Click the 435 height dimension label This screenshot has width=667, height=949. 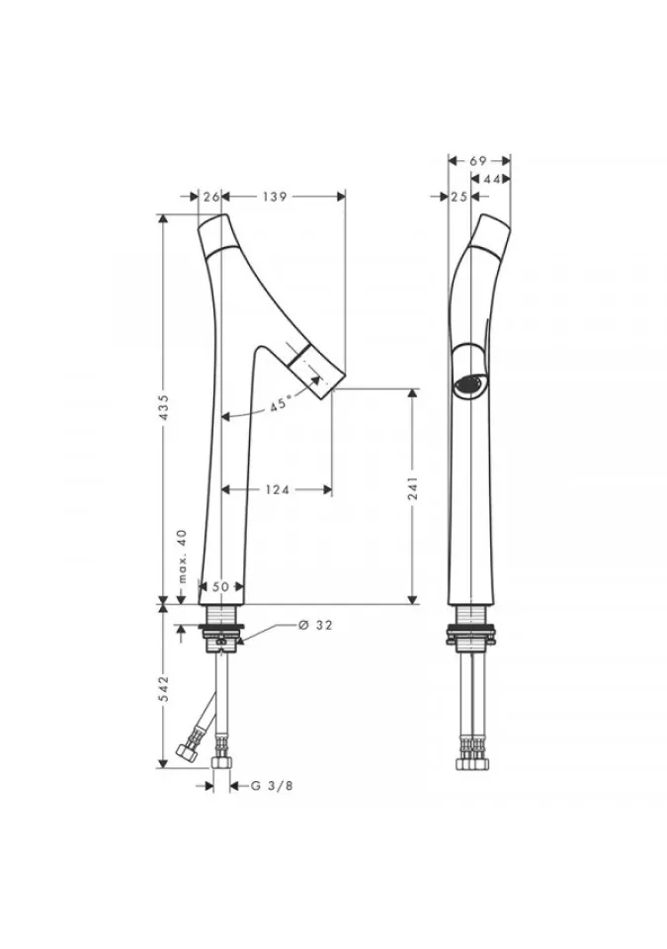point(163,408)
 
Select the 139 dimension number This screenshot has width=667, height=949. point(274,196)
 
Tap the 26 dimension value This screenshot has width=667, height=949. point(210,196)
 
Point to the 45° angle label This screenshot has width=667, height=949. point(281,404)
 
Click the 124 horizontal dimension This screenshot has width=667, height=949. point(278,489)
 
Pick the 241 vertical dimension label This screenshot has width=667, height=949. point(412,488)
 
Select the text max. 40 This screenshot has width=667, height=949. point(182,557)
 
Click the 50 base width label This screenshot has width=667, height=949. point(221,586)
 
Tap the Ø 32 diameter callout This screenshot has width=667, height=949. point(315,625)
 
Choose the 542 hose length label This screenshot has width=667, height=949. point(163,689)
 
